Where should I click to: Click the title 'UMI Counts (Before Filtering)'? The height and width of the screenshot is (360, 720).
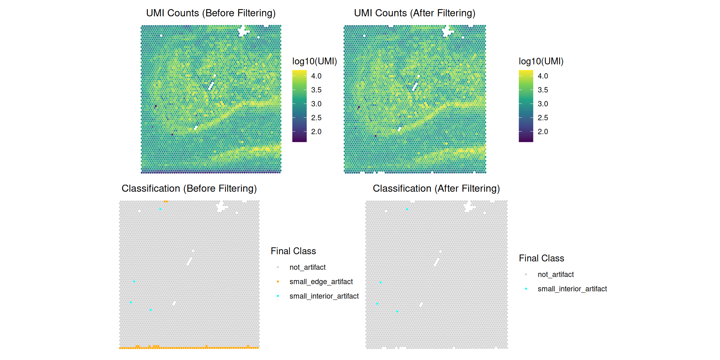[x=211, y=13]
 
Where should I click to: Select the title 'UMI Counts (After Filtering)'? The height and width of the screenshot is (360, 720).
[x=414, y=13]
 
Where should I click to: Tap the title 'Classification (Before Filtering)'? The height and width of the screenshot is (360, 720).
[x=189, y=188]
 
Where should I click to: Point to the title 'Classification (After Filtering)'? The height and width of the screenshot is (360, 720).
[x=436, y=188]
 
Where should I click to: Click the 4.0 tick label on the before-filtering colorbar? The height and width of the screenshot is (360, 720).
[x=316, y=76]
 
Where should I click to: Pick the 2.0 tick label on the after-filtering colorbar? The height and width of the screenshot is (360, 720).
[x=543, y=132]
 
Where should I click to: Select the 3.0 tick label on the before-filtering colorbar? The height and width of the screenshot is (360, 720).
[x=316, y=104]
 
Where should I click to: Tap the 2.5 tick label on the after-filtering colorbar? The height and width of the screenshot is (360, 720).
[x=543, y=118]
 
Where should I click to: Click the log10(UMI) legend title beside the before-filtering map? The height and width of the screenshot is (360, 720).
[x=314, y=61]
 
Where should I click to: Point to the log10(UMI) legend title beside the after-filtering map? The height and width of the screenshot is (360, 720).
[x=541, y=61]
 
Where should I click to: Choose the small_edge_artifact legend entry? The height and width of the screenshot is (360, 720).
[x=321, y=282]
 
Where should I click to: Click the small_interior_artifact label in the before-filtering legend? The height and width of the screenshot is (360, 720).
[x=324, y=296]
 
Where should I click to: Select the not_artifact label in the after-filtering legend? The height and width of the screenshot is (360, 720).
[x=556, y=274]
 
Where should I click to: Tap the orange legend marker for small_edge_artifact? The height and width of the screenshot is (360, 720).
[x=278, y=282]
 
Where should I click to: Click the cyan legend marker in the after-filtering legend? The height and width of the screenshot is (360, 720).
[x=526, y=289]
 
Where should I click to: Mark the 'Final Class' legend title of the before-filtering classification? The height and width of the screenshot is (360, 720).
[x=293, y=251]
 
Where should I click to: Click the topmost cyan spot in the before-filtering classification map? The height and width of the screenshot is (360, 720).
[x=160, y=209]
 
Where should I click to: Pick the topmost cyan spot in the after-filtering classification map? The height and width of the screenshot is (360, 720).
[x=407, y=209]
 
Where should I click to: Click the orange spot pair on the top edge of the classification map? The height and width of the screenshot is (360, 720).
[x=166, y=202]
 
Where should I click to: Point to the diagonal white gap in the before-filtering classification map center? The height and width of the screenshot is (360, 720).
[x=189, y=261]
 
